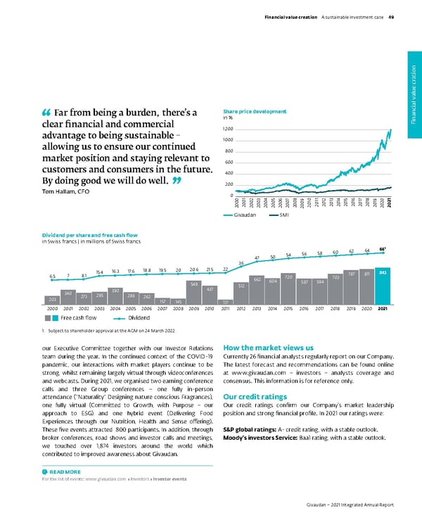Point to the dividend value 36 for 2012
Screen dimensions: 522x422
(x=241, y=263)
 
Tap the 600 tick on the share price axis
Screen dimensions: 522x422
(x=228, y=163)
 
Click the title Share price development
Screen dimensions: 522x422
(x=254, y=111)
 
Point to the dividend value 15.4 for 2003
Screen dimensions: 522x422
(x=100, y=272)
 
